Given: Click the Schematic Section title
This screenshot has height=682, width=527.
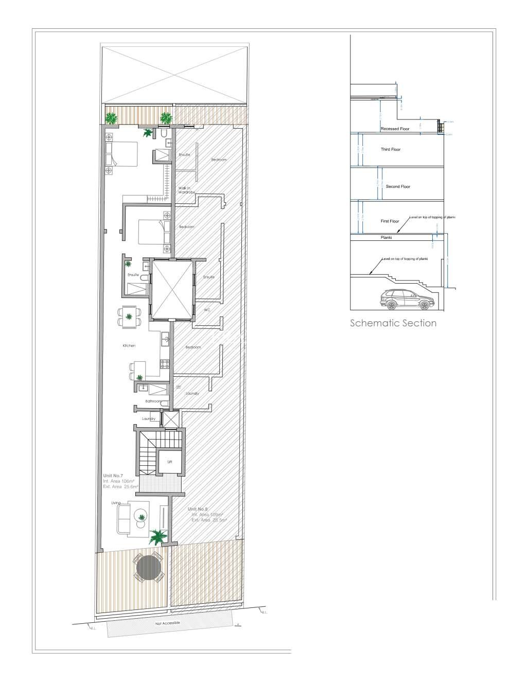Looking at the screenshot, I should tap(393, 323).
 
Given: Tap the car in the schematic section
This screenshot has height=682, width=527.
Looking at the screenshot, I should tap(405, 300).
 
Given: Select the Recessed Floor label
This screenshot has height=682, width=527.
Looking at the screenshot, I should tap(395, 129).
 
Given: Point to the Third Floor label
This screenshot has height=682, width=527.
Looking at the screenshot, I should tap(390, 150).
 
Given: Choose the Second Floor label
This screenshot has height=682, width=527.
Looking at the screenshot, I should tap(398, 187).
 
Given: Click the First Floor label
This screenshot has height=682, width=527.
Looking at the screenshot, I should tap(390, 221).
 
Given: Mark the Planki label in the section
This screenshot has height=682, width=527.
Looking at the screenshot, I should tap(387, 238).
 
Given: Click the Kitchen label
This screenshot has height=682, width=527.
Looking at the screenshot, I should tap(129, 346).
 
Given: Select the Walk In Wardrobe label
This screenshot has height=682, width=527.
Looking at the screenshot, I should tap(184, 191).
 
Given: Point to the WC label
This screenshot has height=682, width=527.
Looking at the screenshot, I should tap(207, 310).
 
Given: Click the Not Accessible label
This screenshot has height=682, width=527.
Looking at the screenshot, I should tap(168, 623).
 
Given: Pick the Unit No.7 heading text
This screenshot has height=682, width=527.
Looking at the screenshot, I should tap(113, 476).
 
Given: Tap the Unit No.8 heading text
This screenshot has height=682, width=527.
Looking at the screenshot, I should tap(198, 509).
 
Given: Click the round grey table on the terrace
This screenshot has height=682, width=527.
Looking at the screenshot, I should tap(149, 568).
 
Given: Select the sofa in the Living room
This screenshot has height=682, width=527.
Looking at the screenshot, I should tap(125, 519).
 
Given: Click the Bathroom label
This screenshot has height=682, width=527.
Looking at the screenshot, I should tap(153, 401).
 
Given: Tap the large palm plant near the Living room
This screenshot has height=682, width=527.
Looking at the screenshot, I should tap(158, 537).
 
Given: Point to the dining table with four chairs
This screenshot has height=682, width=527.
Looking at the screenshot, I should tap(129, 317).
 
